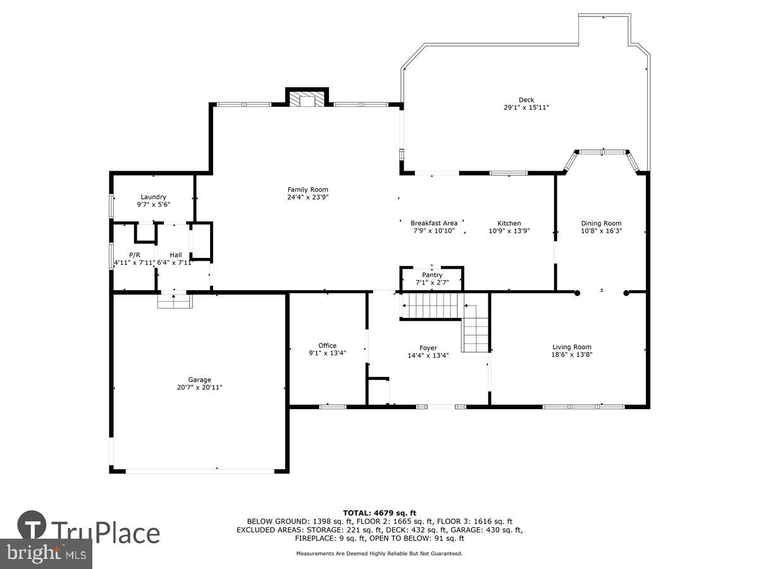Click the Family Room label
[x=308, y=190]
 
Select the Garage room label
[x=199, y=380]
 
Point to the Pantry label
[x=433, y=275]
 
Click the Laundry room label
[x=153, y=197]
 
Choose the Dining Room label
[x=601, y=223]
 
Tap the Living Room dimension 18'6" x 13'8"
[x=572, y=355]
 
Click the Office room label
[x=327, y=345]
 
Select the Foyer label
[x=428, y=348]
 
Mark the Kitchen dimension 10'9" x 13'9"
[x=509, y=231]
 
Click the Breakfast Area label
[x=434, y=223]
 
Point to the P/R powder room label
[x=134, y=255]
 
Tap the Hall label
[x=175, y=255]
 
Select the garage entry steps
[x=175, y=302]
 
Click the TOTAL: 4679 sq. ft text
[x=379, y=513]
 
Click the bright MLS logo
[x=46, y=554]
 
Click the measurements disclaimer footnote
[x=379, y=554]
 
